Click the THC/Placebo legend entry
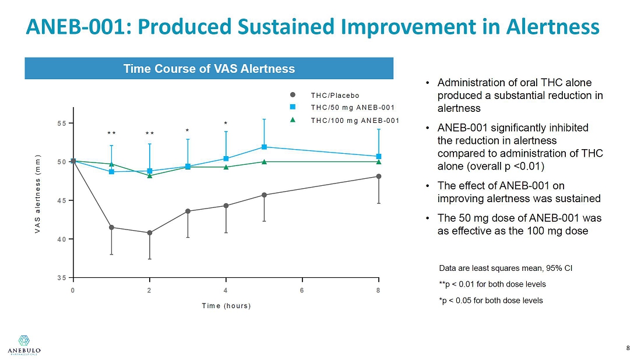pos(334,96)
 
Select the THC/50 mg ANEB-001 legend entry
pos(353,107)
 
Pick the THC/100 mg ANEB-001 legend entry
pos(355,121)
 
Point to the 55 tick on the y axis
pos(60,123)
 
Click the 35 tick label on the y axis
pos(60,278)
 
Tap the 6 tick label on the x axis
pos(302,290)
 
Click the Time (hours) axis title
pos(226,306)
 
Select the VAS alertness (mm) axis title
pos(37,195)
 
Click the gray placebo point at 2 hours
pos(150,233)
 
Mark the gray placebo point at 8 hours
pos(379,176)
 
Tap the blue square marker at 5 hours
pos(264,147)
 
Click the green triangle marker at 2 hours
pos(150,175)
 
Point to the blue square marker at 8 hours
pos(379,156)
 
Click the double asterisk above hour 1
pos(111,134)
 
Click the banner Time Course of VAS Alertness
pos(209,69)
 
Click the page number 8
pos(628,348)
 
